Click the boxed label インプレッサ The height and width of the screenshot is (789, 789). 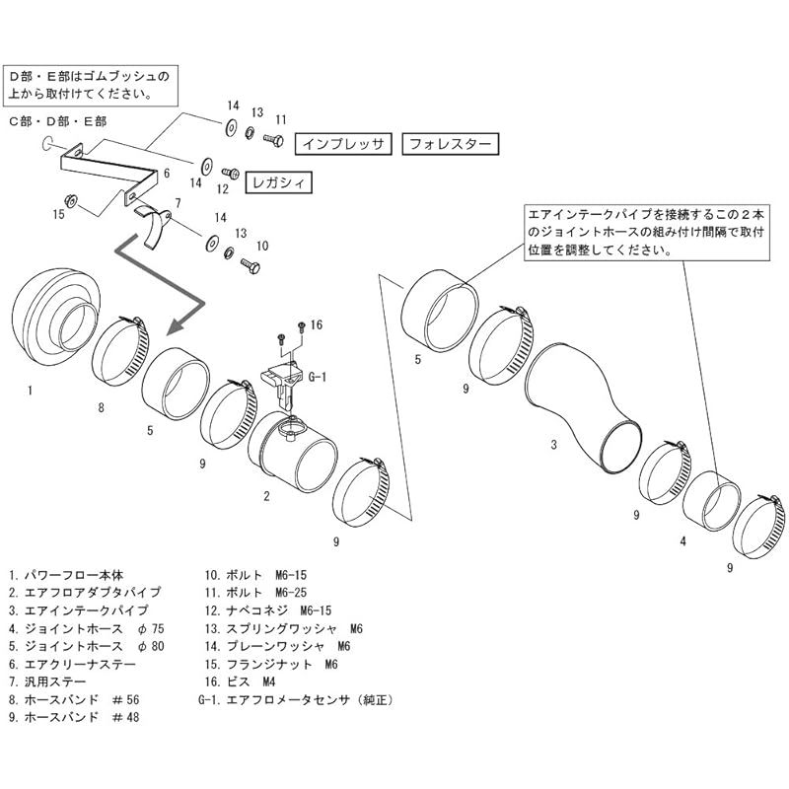(x=345, y=143)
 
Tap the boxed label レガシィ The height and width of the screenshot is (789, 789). (x=276, y=183)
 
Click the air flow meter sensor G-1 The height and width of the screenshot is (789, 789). (x=283, y=385)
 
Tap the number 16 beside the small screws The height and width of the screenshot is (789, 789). (x=317, y=323)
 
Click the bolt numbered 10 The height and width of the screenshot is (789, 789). (x=249, y=265)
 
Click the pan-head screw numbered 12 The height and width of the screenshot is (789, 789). (x=233, y=171)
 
